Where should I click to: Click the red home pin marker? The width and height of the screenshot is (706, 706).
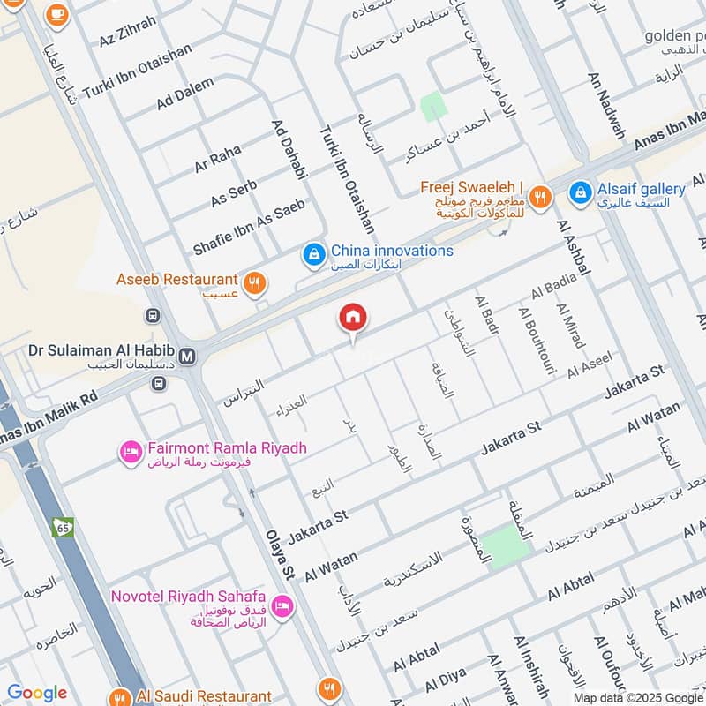click(353, 318)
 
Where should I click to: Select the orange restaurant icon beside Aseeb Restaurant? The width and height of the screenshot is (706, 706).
click(255, 283)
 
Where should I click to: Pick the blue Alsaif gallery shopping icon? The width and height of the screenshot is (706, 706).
click(580, 192)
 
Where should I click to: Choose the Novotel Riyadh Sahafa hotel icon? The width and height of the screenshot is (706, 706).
click(283, 605)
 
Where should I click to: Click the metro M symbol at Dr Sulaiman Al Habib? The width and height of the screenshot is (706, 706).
click(187, 357)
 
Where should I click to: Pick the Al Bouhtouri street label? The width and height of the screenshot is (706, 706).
click(536, 342)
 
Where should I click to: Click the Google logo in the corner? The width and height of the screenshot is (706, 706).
click(37, 694)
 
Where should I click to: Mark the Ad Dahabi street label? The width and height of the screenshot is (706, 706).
click(289, 147)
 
